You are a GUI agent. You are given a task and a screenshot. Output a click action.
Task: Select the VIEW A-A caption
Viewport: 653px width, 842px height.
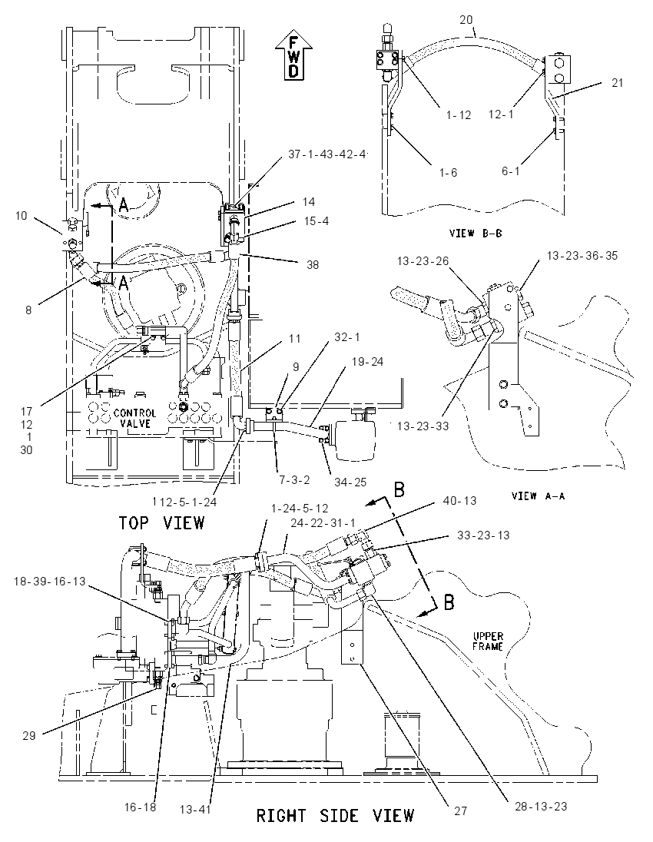click(x=538, y=496)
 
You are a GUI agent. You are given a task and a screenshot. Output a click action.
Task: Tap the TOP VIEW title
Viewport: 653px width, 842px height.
click(x=161, y=522)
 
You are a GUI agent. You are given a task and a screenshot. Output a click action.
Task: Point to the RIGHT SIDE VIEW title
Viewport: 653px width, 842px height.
click(x=335, y=816)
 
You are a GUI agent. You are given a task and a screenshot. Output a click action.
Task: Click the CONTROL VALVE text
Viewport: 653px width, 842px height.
click(x=134, y=419)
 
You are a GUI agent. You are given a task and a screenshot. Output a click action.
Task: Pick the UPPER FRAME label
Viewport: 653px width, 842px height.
click(x=488, y=641)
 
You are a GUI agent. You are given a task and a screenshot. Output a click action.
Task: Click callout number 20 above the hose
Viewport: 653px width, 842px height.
click(x=466, y=21)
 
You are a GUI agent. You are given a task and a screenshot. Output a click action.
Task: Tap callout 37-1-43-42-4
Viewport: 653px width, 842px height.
click(x=327, y=154)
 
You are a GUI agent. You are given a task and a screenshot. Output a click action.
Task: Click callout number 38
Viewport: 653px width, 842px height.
click(x=312, y=265)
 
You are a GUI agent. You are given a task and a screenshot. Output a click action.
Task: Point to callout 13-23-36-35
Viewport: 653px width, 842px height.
click(x=582, y=256)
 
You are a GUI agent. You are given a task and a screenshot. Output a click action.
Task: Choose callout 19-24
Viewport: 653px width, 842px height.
click(x=367, y=361)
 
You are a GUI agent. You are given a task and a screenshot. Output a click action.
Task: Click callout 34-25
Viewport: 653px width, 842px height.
click(x=350, y=482)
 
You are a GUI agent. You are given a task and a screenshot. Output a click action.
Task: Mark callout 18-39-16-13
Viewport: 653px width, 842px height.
click(x=49, y=581)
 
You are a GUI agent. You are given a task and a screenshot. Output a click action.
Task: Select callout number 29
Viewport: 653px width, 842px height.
click(x=29, y=735)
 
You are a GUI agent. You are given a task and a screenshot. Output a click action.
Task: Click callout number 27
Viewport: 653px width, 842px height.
click(x=461, y=811)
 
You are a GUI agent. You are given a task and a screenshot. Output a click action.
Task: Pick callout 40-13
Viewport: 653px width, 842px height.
click(x=459, y=500)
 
